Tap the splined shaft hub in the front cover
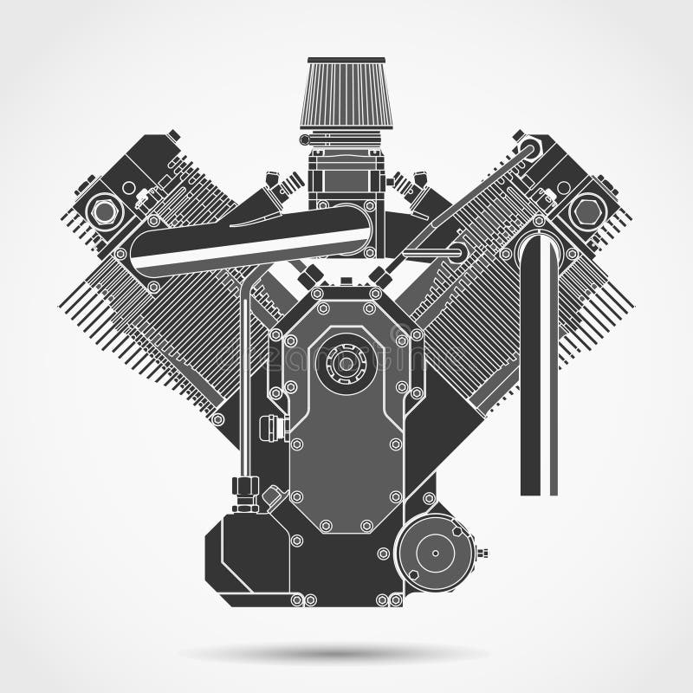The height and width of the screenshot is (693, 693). [346, 365]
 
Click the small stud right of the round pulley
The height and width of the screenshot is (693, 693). [484, 551]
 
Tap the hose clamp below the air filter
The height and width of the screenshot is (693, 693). [345, 139]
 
